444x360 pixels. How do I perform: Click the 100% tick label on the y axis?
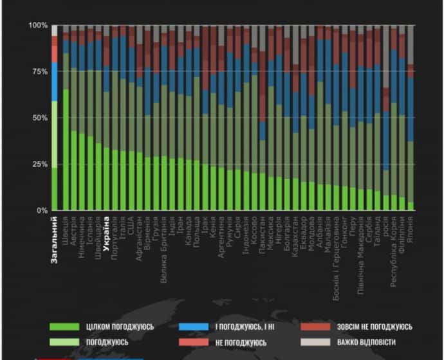tap(38, 25)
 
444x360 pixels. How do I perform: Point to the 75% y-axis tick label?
tap(39, 71)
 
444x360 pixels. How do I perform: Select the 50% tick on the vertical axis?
tap(39, 118)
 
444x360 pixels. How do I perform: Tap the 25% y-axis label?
tap(39, 164)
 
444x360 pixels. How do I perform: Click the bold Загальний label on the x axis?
tap(55, 239)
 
